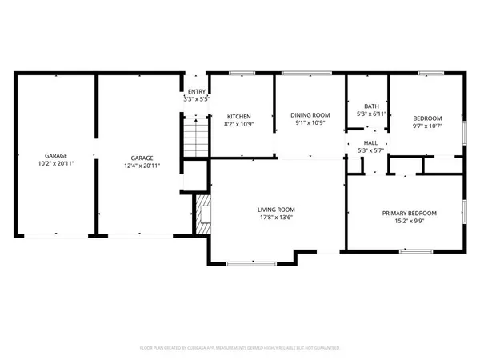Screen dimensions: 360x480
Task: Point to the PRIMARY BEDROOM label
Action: [409, 213]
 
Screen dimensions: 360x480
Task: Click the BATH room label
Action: [371, 106]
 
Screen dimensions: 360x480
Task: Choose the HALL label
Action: [371, 142]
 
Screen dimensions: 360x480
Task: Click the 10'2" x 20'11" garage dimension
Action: [55, 163]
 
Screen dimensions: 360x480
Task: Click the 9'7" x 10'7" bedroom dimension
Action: [427, 124]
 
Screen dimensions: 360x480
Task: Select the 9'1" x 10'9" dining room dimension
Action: [310, 124]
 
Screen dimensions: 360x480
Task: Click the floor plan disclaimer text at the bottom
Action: [240, 348]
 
